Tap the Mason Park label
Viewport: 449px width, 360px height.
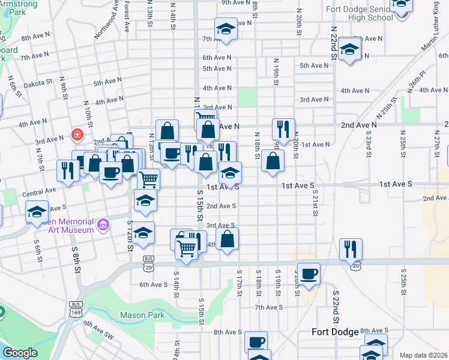(142, 315)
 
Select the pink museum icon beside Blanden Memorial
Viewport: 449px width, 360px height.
(103, 225)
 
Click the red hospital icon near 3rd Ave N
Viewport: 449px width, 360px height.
(77, 134)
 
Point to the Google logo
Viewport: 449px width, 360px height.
(19, 353)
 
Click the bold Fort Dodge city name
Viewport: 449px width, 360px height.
(335, 332)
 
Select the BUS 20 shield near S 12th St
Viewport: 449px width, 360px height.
(148, 259)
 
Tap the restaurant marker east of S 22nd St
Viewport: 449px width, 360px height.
(351, 248)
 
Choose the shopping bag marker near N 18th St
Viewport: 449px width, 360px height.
(273, 161)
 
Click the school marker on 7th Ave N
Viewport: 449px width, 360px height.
(226, 28)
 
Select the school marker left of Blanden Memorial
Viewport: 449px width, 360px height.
(37, 212)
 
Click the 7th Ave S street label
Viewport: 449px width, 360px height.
(268, 308)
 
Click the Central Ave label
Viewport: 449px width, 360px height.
(38, 194)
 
